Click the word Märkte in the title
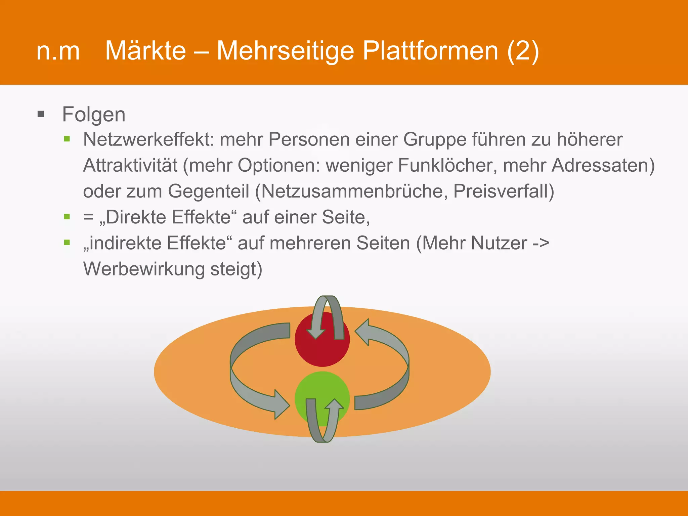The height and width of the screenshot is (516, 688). (145, 51)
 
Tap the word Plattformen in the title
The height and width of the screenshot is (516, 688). (430, 51)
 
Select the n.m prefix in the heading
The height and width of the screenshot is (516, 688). (58, 51)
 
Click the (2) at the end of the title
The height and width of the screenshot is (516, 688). (523, 51)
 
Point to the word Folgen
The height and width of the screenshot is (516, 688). (94, 114)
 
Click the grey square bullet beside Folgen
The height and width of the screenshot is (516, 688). (41, 114)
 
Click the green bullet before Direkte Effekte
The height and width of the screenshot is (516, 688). (67, 217)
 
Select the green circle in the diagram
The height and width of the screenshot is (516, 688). (322, 390)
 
